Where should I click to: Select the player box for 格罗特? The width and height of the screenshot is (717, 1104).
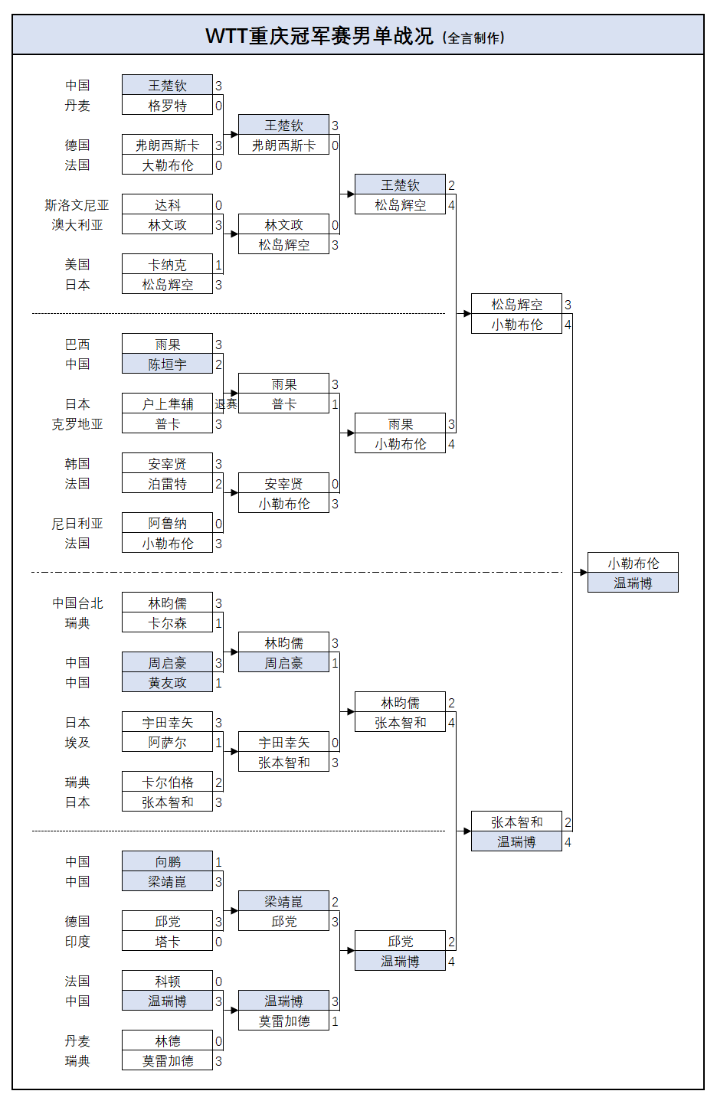click(167, 106)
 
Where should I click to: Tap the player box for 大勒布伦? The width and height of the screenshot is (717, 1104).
click(167, 165)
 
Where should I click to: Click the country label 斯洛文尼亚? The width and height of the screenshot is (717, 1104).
click(77, 205)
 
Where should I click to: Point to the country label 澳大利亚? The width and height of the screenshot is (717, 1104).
click(77, 225)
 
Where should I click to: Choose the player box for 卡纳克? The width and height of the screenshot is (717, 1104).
click(167, 265)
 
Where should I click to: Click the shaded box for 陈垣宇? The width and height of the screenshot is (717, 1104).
click(167, 364)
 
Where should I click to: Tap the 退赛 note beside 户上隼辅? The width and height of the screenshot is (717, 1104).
click(226, 404)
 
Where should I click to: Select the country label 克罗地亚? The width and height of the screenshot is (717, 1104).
click(77, 424)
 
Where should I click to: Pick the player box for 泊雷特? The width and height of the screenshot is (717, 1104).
click(167, 484)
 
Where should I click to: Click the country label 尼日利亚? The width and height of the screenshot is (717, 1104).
click(77, 524)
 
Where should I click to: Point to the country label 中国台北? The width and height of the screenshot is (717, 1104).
click(77, 603)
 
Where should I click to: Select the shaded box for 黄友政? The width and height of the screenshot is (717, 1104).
click(167, 683)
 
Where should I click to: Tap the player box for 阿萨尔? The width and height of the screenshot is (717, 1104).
click(167, 743)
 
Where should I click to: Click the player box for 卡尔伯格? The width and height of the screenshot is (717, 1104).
click(167, 782)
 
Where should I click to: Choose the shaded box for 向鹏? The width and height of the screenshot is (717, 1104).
click(167, 862)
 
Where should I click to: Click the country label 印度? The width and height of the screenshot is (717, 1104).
click(77, 942)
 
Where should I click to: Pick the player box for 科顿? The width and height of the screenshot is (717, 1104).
click(167, 982)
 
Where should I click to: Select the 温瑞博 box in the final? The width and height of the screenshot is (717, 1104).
click(633, 583)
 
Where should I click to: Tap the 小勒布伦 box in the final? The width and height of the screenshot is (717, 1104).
click(633, 563)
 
